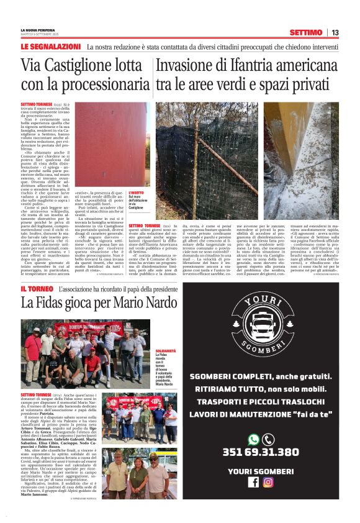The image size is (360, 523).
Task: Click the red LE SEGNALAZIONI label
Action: click(x=50, y=47)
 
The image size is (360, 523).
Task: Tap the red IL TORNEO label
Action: click(x=37, y=289)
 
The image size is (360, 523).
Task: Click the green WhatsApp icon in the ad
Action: click(x=253, y=440)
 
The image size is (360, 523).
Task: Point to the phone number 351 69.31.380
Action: click(x=260, y=452)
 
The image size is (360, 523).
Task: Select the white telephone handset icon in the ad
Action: click(x=268, y=440)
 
